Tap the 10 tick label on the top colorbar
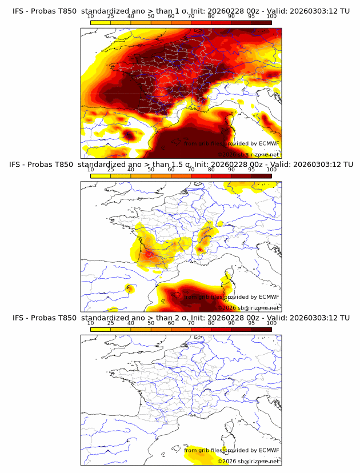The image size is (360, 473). [91, 17]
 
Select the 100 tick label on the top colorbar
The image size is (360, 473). [271, 17]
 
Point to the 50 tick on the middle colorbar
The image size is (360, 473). [151, 170]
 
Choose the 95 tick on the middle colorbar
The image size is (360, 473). [251, 170]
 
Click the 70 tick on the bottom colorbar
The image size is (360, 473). [191, 323]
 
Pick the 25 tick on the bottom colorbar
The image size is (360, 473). [111, 323]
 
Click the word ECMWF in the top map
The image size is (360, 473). [269, 144]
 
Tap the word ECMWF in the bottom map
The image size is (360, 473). [269, 450]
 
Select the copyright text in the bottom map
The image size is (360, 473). [249, 461]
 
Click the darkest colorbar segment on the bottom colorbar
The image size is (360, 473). [262, 328]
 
